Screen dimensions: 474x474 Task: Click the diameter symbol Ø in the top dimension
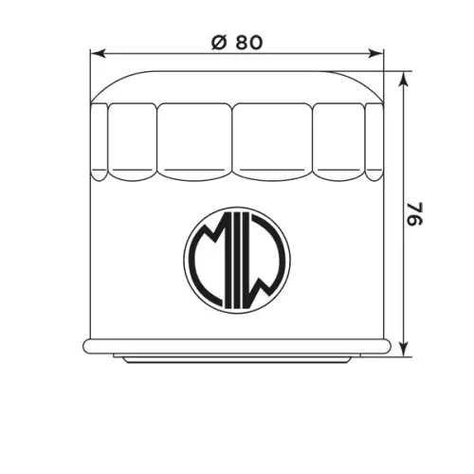pyautogui.click(x=219, y=43)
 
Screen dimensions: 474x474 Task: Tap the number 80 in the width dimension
pyautogui.click(x=249, y=43)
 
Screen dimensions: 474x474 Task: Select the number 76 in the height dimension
pyautogui.click(x=414, y=214)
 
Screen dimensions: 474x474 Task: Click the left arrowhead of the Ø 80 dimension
pyautogui.click(x=98, y=53)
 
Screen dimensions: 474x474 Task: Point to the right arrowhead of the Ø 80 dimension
pyautogui.click(x=375, y=53)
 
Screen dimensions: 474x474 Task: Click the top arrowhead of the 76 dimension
pyautogui.click(x=403, y=79)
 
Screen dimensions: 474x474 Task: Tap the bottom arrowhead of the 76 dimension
pyautogui.click(x=403, y=349)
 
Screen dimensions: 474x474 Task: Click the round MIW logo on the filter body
pyautogui.click(x=237, y=261)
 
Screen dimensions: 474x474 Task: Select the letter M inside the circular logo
pyautogui.click(x=208, y=253)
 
